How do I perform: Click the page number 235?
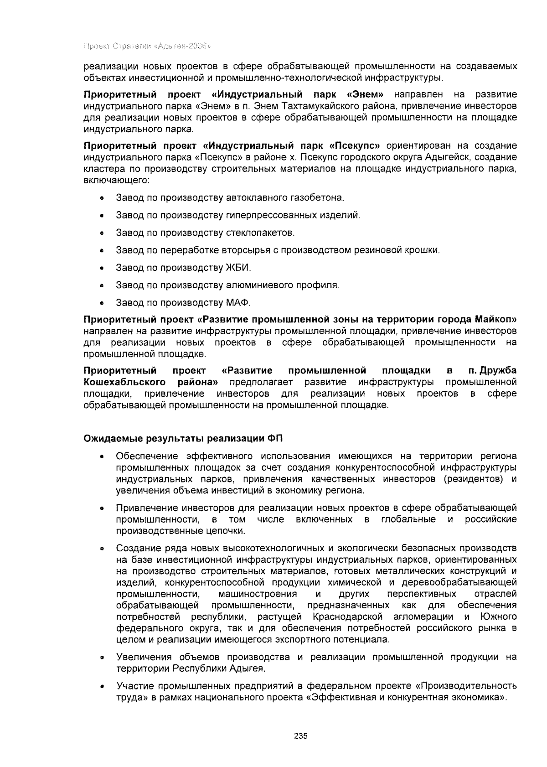point(300,736)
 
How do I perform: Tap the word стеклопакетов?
point(260,233)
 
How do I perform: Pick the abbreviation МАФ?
point(238,302)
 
